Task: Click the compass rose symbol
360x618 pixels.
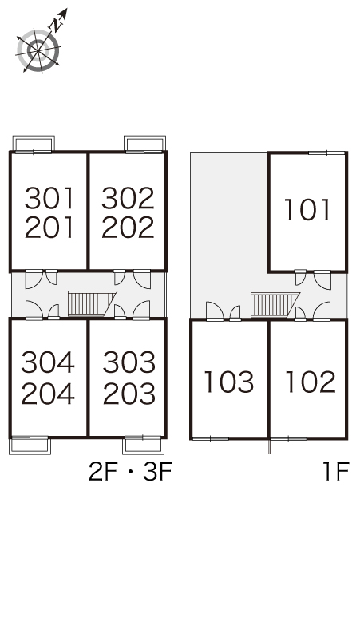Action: (38, 50)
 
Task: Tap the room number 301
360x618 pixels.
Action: (49, 199)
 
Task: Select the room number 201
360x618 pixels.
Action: (49, 228)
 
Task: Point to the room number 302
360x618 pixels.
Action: (128, 199)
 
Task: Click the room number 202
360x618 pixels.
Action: (128, 228)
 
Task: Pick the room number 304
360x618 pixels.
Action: (48, 362)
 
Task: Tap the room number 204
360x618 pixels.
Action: (48, 394)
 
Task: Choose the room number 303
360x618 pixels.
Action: (129, 362)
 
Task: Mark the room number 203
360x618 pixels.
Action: (129, 394)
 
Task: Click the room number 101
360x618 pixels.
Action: (307, 210)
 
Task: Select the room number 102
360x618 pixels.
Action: (311, 382)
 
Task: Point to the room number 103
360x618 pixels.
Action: (229, 382)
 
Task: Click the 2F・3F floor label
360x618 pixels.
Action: (131, 472)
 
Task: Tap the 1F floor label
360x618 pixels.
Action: (336, 472)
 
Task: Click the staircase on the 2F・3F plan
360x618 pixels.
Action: (93, 303)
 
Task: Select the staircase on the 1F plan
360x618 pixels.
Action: (275, 304)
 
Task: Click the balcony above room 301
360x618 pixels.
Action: (34, 143)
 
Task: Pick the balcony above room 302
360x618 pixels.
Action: (145, 143)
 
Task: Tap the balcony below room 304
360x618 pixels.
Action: (30, 446)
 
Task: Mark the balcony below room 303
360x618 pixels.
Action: (144, 446)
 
